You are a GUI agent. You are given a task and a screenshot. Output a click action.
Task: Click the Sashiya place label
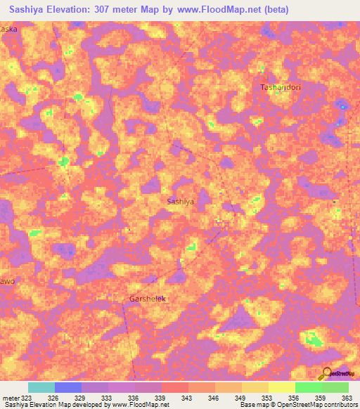pos(181,201)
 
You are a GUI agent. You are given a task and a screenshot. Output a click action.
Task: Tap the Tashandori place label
pos(281,87)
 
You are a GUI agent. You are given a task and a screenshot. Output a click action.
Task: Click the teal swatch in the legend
pos(41,387)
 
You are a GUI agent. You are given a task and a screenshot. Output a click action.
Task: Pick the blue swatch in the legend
pos(67,387)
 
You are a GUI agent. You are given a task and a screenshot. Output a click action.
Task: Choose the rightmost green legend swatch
pos(335,387)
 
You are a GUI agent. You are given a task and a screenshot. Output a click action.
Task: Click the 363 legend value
pos(346,397)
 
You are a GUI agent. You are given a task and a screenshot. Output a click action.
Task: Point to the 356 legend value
pos(294,397)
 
